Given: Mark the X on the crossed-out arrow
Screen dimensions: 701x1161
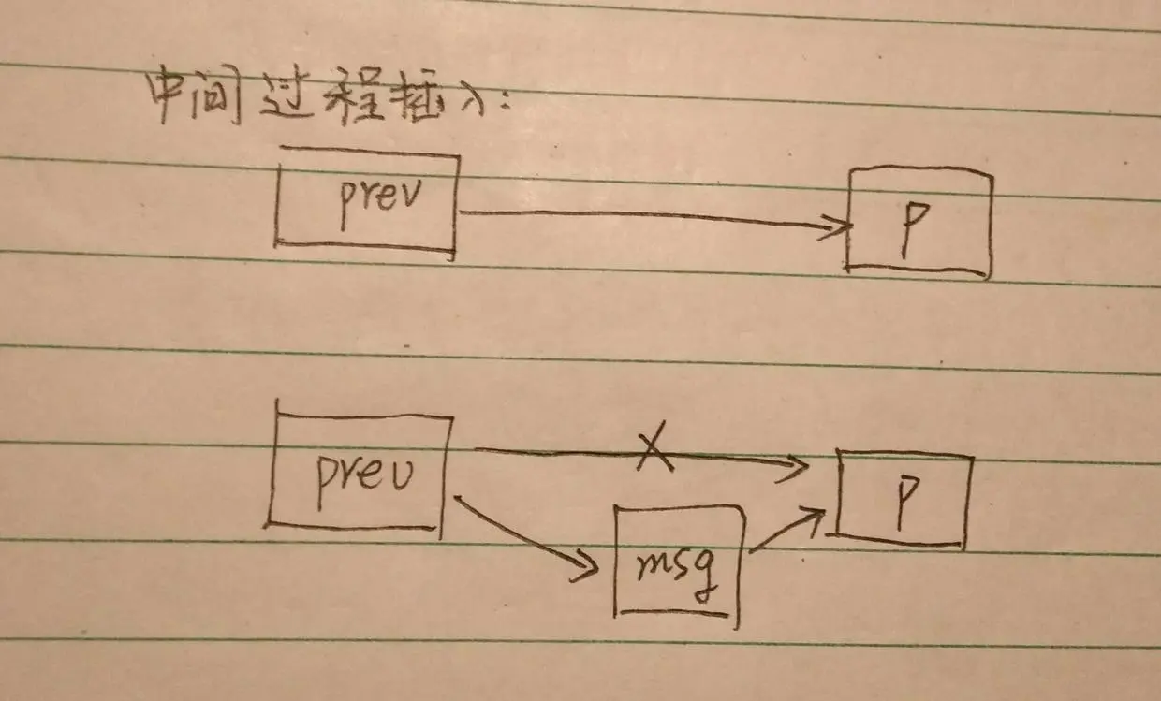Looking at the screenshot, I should click(656, 450).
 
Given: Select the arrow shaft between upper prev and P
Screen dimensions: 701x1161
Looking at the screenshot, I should click(646, 216).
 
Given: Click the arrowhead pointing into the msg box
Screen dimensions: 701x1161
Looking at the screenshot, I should click(587, 564).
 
